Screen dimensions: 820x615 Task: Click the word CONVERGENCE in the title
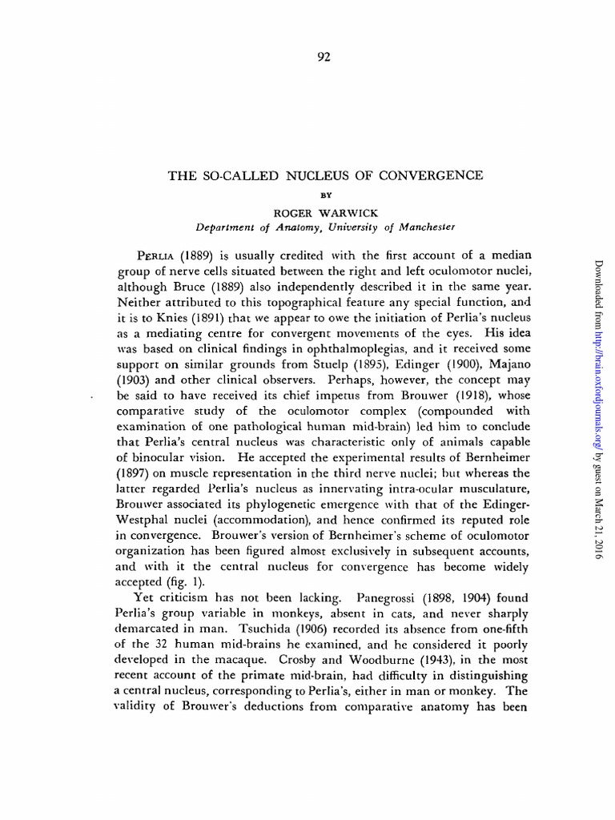click(x=436, y=175)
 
